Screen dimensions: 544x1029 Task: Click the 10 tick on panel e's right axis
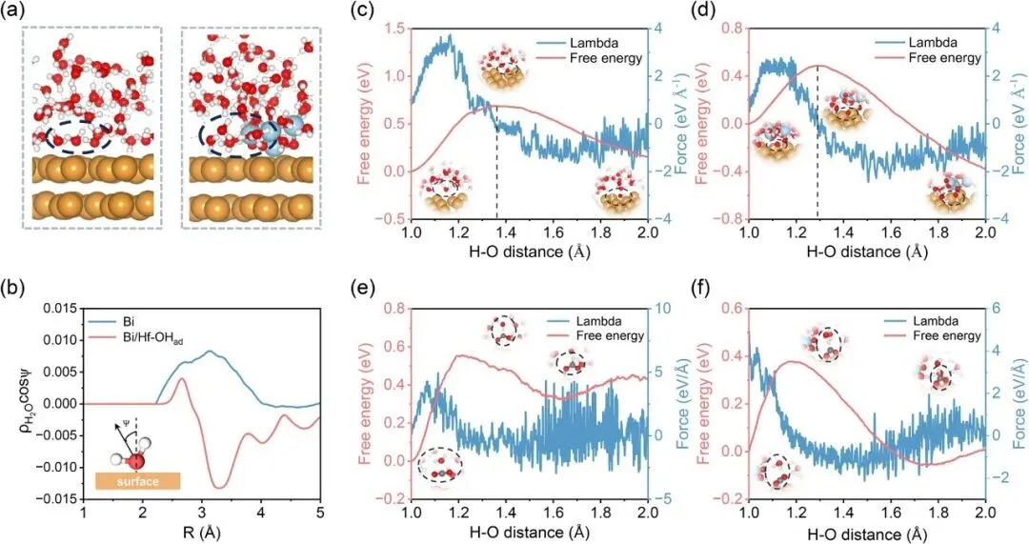[x=660, y=308]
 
